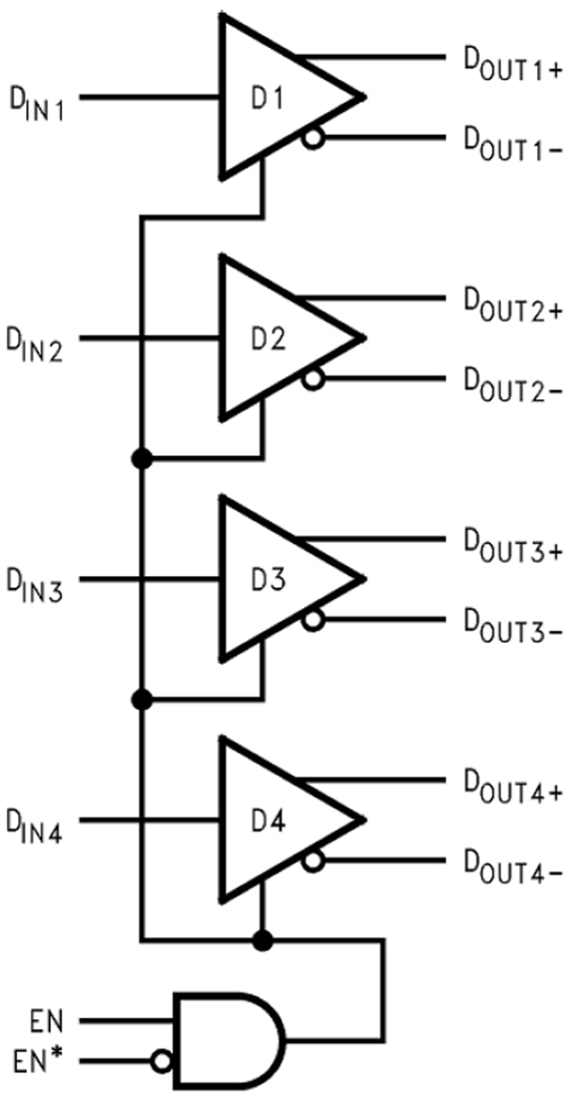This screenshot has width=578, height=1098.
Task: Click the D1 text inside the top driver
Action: coord(267,99)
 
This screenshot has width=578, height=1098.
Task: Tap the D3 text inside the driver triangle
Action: coord(267,581)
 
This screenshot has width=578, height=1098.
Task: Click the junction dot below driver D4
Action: coord(263,939)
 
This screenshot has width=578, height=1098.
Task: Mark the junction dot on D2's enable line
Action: coord(142,458)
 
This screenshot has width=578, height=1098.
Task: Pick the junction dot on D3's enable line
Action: coord(142,699)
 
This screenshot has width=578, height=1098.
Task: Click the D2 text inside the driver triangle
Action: coord(267,339)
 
